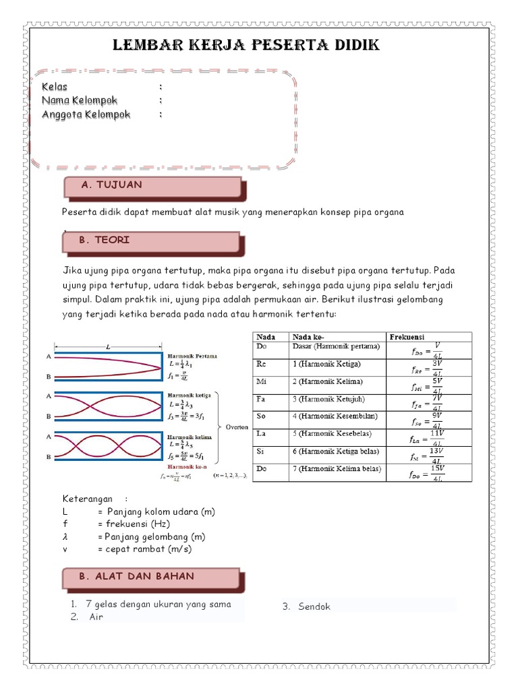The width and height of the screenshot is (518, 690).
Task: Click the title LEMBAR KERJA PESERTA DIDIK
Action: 246,46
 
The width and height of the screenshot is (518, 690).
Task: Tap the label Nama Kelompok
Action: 80,100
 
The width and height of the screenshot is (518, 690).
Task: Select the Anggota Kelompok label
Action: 86,114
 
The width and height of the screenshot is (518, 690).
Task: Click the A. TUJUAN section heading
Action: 111,185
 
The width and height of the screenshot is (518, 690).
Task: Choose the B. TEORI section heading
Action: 105,240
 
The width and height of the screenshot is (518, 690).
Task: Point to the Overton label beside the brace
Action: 237,427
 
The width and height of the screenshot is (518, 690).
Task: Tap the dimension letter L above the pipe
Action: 108,346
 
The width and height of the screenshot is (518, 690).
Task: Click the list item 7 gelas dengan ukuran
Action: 159,604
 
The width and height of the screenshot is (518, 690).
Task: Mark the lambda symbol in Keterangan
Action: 65,537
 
